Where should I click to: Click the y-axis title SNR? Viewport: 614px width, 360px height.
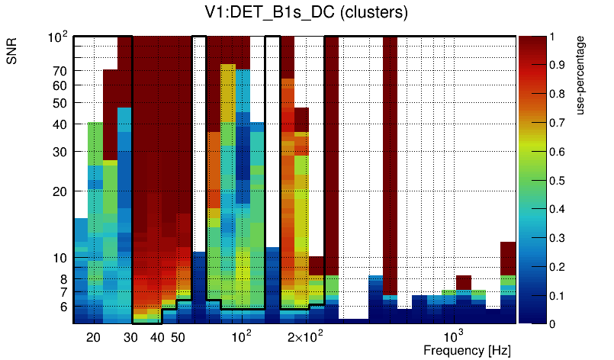click(x=12, y=51)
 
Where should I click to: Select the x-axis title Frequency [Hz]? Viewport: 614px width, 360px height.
click(x=467, y=350)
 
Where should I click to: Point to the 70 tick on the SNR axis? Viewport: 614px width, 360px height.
click(x=59, y=71)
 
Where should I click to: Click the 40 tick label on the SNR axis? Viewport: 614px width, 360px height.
click(x=59, y=124)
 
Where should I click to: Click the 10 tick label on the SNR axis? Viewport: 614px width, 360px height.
click(x=59, y=258)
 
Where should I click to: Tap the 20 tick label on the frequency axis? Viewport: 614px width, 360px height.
click(x=93, y=337)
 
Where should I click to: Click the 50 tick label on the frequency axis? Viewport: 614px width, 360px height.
click(x=177, y=337)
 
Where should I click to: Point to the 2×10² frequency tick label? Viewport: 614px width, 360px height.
click(x=304, y=336)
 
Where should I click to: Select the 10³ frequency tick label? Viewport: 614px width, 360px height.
click(x=455, y=336)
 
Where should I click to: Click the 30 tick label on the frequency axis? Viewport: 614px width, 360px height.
click(x=132, y=337)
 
